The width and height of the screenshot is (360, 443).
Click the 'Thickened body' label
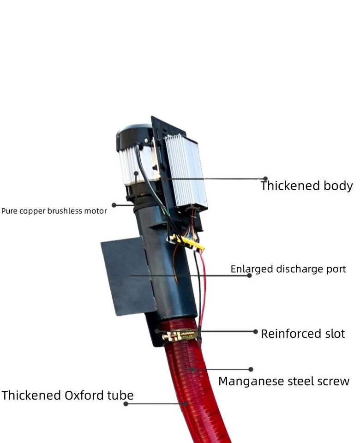[x=306, y=186]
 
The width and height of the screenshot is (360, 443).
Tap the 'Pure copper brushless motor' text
[x=54, y=211]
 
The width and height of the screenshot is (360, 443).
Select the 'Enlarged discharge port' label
[x=288, y=269]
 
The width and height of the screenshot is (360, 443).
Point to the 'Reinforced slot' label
[x=303, y=334]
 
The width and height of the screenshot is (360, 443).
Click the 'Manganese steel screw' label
[x=284, y=382]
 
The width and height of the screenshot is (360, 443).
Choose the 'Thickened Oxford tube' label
[x=67, y=395]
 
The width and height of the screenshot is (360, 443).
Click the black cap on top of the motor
[x=133, y=134]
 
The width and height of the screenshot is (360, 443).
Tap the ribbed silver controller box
[x=186, y=171]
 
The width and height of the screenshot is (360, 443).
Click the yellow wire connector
[x=187, y=243]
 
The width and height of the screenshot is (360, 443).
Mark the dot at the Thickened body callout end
[x=265, y=179]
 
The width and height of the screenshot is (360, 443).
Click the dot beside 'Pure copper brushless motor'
[x=114, y=205]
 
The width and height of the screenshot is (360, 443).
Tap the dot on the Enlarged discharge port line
[x=249, y=275]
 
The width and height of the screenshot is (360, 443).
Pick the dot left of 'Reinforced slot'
[x=255, y=331]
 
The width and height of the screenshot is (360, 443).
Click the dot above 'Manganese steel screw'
[x=251, y=369]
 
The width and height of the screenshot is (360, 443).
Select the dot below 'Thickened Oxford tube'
[x=126, y=404]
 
